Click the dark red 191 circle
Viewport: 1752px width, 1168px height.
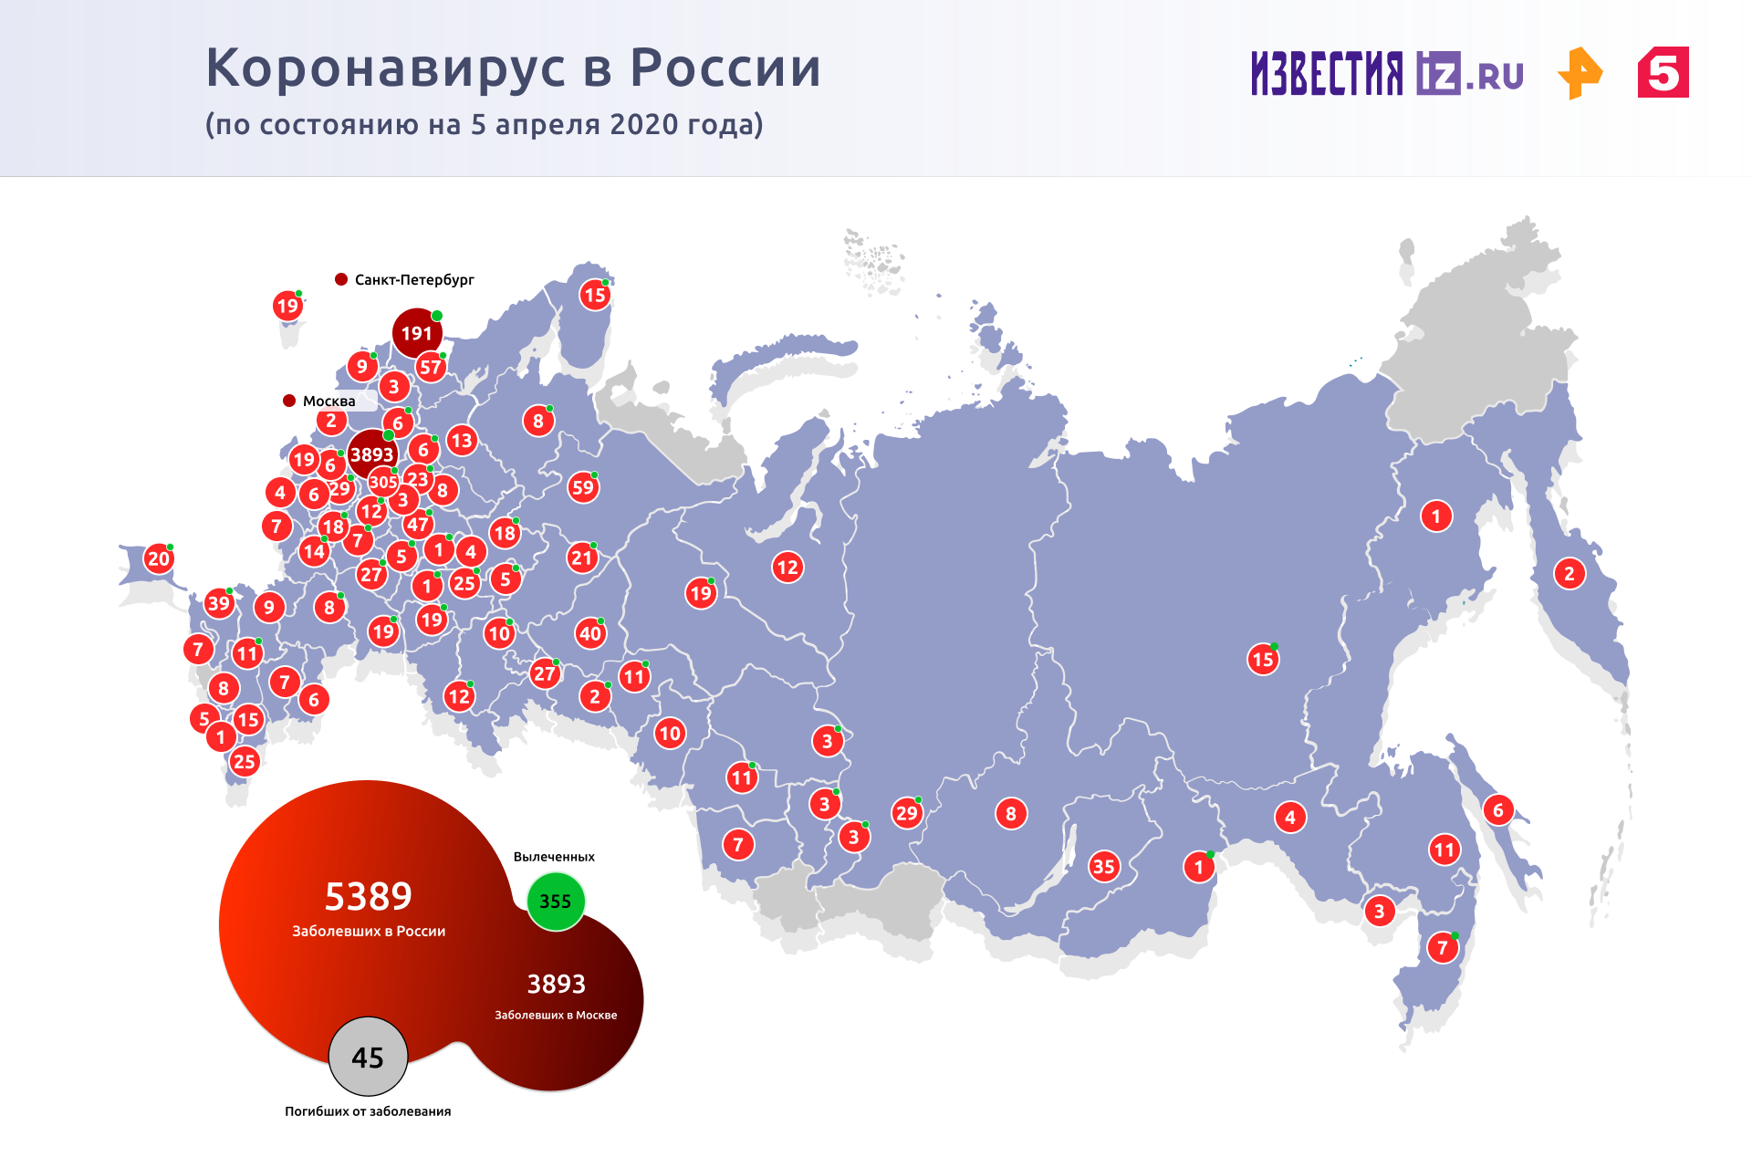coord(417,333)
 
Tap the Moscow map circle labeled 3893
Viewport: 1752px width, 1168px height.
coord(372,454)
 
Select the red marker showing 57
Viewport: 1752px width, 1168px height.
coord(430,368)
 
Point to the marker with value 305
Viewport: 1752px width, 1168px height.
coord(383,482)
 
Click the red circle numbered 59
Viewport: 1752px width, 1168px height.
coord(582,487)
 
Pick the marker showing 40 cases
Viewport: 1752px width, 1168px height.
coord(590,633)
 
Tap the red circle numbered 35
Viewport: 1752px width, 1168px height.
coord(1103,866)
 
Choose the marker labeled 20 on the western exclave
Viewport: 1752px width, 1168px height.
coord(159,558)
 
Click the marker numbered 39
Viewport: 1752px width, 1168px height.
coord(218,602)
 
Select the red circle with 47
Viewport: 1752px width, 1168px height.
coord(418,524)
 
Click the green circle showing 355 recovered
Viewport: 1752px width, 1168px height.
coord(555,902)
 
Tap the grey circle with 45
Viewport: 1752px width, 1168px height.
coord(368,1057)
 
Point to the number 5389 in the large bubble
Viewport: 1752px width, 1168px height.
coord(369,896)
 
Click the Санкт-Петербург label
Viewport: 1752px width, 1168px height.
coord(414,279)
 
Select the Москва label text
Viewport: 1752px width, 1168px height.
coord(328,401)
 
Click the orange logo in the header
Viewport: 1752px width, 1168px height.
coord(1580,73)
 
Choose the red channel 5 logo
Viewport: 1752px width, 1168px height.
coord(1663,72)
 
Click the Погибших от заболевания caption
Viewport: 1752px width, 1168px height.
coord(368,1111)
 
